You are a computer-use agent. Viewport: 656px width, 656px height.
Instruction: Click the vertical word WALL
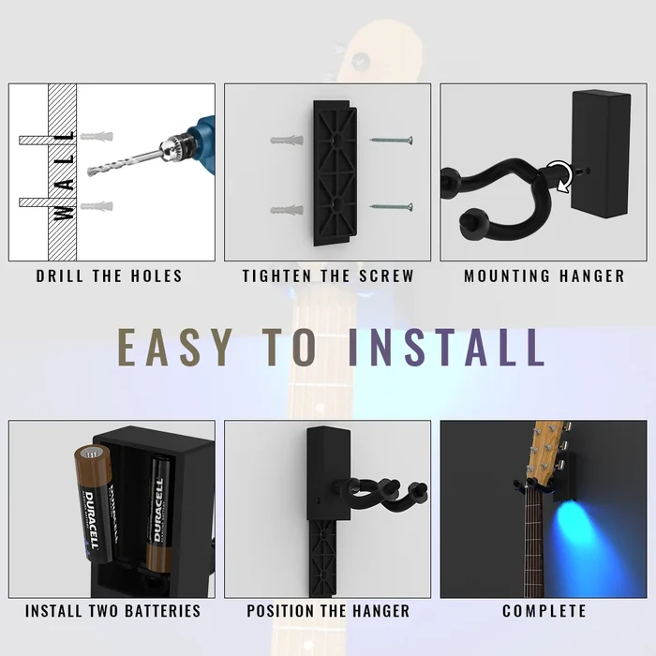(x=64, y=174)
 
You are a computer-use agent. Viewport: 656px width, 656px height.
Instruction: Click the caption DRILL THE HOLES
(x=110, y=276)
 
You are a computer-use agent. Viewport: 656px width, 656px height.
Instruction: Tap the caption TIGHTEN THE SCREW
(x=328, y=276)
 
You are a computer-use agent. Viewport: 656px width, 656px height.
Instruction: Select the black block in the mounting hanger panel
(x=603, y=150)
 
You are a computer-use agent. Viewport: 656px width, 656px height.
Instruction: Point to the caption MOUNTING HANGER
(x=544, y=276)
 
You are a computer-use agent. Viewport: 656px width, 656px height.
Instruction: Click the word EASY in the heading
(x=176, y=347)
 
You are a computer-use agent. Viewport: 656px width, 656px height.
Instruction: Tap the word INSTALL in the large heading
(x=446, y=347)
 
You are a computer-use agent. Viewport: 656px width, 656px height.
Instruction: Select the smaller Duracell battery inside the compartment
(x=158, y=515)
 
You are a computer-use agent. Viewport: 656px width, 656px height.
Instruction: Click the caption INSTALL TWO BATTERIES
(x=112, y=611)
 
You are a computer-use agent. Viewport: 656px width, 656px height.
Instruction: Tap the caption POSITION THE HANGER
(x=328, y=611)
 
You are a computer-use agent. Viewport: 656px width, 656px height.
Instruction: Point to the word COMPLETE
(x=544, y=611)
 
